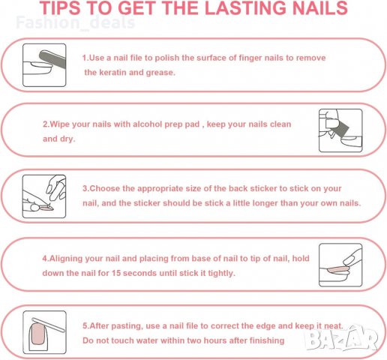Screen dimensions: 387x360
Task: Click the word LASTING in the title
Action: (x=245, y=8)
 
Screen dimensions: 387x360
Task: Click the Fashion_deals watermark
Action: (x=76, y=22)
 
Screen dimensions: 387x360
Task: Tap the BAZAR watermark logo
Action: (x=342, y=338)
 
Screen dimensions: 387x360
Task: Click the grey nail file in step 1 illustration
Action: (x=52, y=58)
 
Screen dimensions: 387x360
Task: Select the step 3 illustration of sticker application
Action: (x=44, y=196)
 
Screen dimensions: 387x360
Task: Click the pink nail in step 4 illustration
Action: (x=337, y=270)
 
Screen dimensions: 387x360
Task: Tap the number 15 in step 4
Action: (x=116, y=273)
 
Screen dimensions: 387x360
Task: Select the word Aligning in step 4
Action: (x=66, y=259)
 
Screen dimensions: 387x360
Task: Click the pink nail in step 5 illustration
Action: (x=37, y=334)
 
